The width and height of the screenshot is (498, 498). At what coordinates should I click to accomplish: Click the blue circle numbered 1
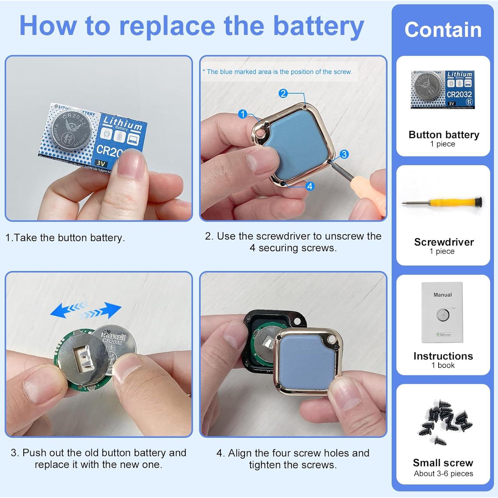pyautogui.click(x=243, y=114)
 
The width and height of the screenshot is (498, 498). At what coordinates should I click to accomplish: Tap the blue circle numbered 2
pyautogui.click(x=283, y=94)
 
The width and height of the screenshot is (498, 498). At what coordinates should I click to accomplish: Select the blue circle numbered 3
pyautogui.click(x=344, y=154)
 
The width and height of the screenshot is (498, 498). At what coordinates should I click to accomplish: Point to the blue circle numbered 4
pyautogui.click(x=310, y=186)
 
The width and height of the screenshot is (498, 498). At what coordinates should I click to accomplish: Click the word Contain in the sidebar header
pyautogui.click(x=443, y=30)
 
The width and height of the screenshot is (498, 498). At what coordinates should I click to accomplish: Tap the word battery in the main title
pyautogui.click(x=318, y=26)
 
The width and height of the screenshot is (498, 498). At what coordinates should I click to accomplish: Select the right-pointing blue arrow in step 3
pyautogui.click(x=105, y=310)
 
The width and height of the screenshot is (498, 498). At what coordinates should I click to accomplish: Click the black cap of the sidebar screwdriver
pyautogui.click(x=478, y=202)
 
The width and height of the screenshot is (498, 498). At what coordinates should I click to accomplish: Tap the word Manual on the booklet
pyautogui.click(x=443, y=295)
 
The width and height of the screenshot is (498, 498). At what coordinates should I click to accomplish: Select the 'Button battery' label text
pyautogui.click(x=444, y=135)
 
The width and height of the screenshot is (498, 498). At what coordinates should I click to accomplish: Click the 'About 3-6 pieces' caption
pyautogui.click(x=443, y=474)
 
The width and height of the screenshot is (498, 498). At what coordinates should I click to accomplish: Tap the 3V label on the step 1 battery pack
pyautogui.click(x=101, y=164)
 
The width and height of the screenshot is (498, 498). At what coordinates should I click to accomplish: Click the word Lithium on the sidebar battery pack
pyautogui.click(x=459, y=74)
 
